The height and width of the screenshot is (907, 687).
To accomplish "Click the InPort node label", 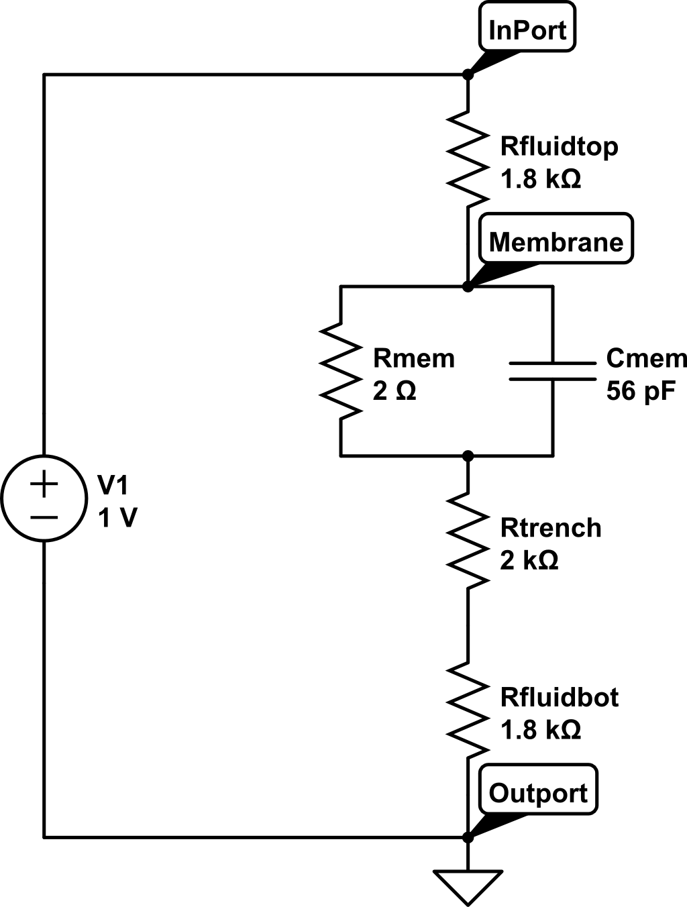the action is pyautogui.click(x=527, y=26).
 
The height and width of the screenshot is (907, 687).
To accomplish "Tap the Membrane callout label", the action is pyautogui.click(x=556, y=238).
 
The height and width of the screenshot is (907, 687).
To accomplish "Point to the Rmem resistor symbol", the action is pyautogui.click(x=341, y=371).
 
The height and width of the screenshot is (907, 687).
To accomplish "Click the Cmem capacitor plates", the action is pyautogui.click(x=553, y=371).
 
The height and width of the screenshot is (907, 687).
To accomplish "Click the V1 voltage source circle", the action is pyautogui.click(x=44, y=498).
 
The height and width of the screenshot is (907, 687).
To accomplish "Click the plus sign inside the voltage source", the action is pyautogui.click(x=44, y=483).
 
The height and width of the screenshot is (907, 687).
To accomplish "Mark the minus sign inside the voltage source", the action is pyautogui.click(x=44, y=517).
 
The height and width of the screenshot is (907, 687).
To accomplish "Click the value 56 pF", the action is pyautogui.click(x=641, y=391).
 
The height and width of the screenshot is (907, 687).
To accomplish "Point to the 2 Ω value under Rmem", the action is pyautogui.click(x=394, y=391).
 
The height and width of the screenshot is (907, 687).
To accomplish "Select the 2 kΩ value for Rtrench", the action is pyautogui.click(x=529, y=560).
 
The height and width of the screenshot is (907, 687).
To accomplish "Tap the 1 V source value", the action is pyautogui.click(x=117, y=517).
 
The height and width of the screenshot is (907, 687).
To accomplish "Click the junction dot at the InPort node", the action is pyautogui.click(x=468, y=74).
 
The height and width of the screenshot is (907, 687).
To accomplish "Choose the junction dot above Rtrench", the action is pyautogui.click(x=468, y=456).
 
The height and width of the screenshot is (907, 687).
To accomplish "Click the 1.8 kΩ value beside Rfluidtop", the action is pyautogui.click(x=541, y=179).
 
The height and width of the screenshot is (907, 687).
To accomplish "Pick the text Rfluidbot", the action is pyautogui.click(x=560, y=698).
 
